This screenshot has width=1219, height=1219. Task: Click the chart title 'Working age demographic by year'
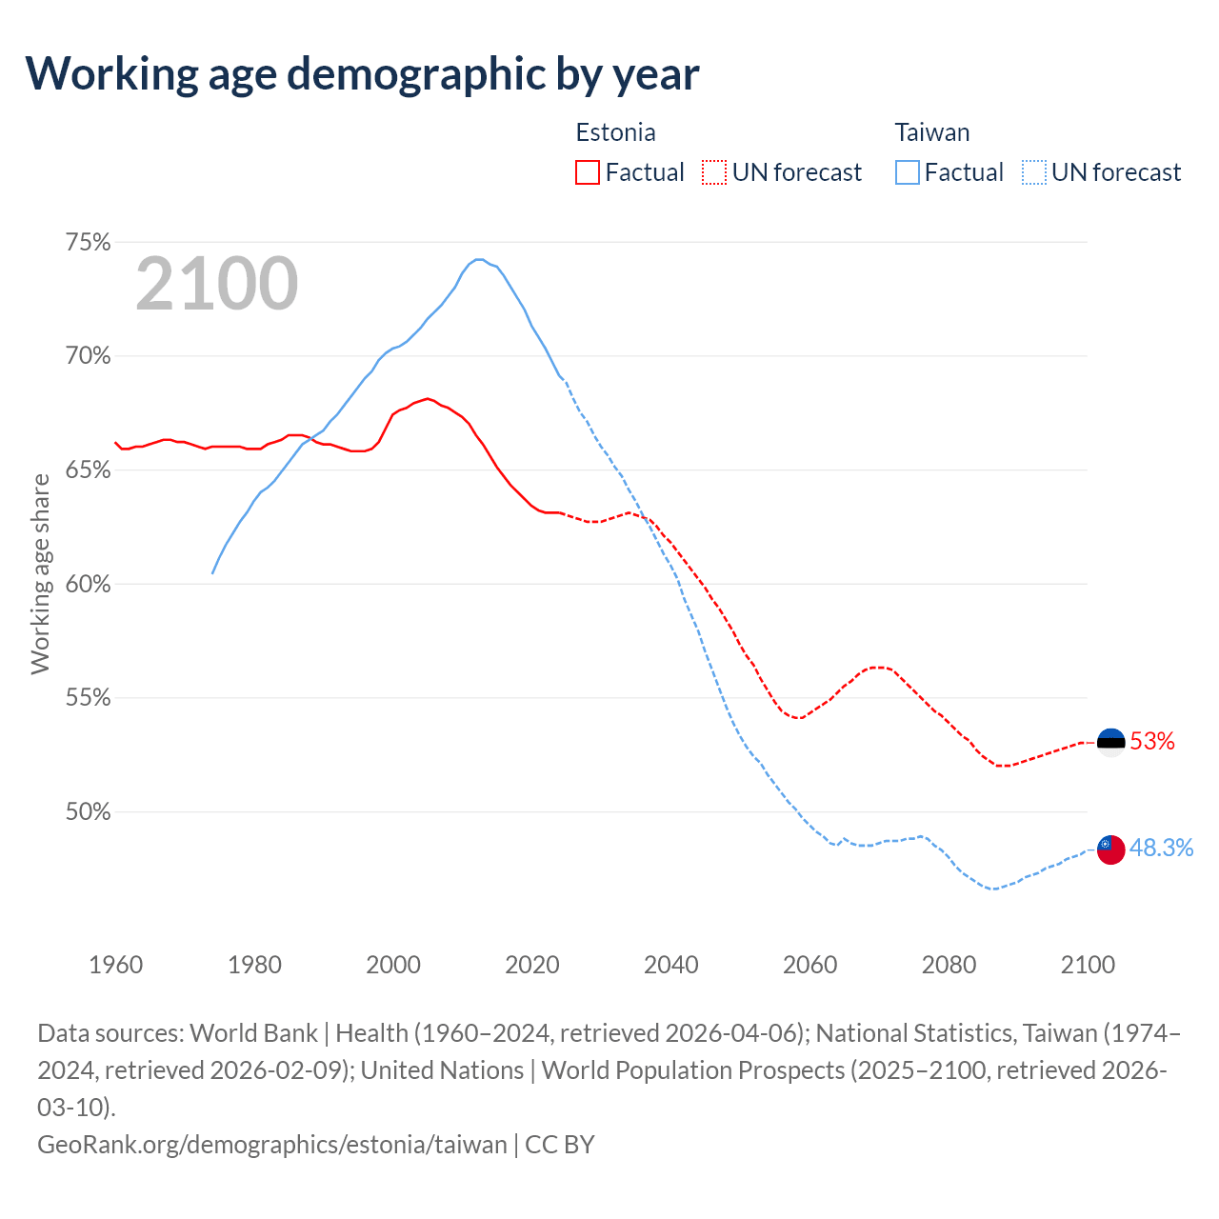[363, 73]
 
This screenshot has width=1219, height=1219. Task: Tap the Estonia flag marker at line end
[1110, 741]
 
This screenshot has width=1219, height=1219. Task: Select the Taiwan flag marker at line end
[1110, 849]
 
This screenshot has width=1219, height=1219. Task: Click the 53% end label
[1152, 741]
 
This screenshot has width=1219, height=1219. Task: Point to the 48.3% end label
[1161, 849]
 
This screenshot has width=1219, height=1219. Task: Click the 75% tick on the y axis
[88, 243]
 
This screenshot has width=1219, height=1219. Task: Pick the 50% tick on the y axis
[88, 812]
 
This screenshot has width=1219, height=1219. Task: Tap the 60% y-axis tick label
[88, 585]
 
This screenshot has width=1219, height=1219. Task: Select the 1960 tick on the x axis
[116, 965]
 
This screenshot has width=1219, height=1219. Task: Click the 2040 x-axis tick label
[671, 965]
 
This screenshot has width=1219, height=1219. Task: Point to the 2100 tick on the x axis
[1088, 965]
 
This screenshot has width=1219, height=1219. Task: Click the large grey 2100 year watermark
[217, 284]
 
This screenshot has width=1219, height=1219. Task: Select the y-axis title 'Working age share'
[40, 574]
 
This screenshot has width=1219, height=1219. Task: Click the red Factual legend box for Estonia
[588, 172]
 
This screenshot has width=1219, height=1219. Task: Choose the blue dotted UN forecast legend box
[1033, 172]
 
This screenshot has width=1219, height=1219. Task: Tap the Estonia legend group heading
[615, 132]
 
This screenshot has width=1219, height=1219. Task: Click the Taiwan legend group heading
[931, 132]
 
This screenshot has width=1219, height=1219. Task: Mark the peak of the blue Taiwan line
[479, 259]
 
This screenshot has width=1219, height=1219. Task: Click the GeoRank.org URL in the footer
[272, 1144]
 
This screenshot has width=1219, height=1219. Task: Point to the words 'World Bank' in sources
[254, 1033]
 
